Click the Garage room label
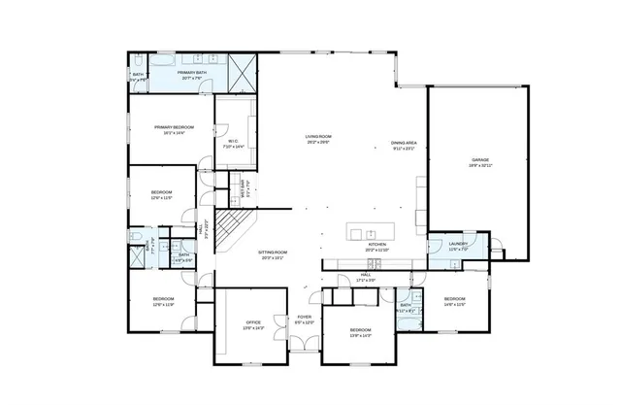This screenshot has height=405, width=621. [479, 162]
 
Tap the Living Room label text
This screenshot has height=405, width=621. [317, 139]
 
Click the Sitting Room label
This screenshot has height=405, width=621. [273, 254]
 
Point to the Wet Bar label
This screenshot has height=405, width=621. [245, 185]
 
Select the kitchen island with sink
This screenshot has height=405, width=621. [367, 233]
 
